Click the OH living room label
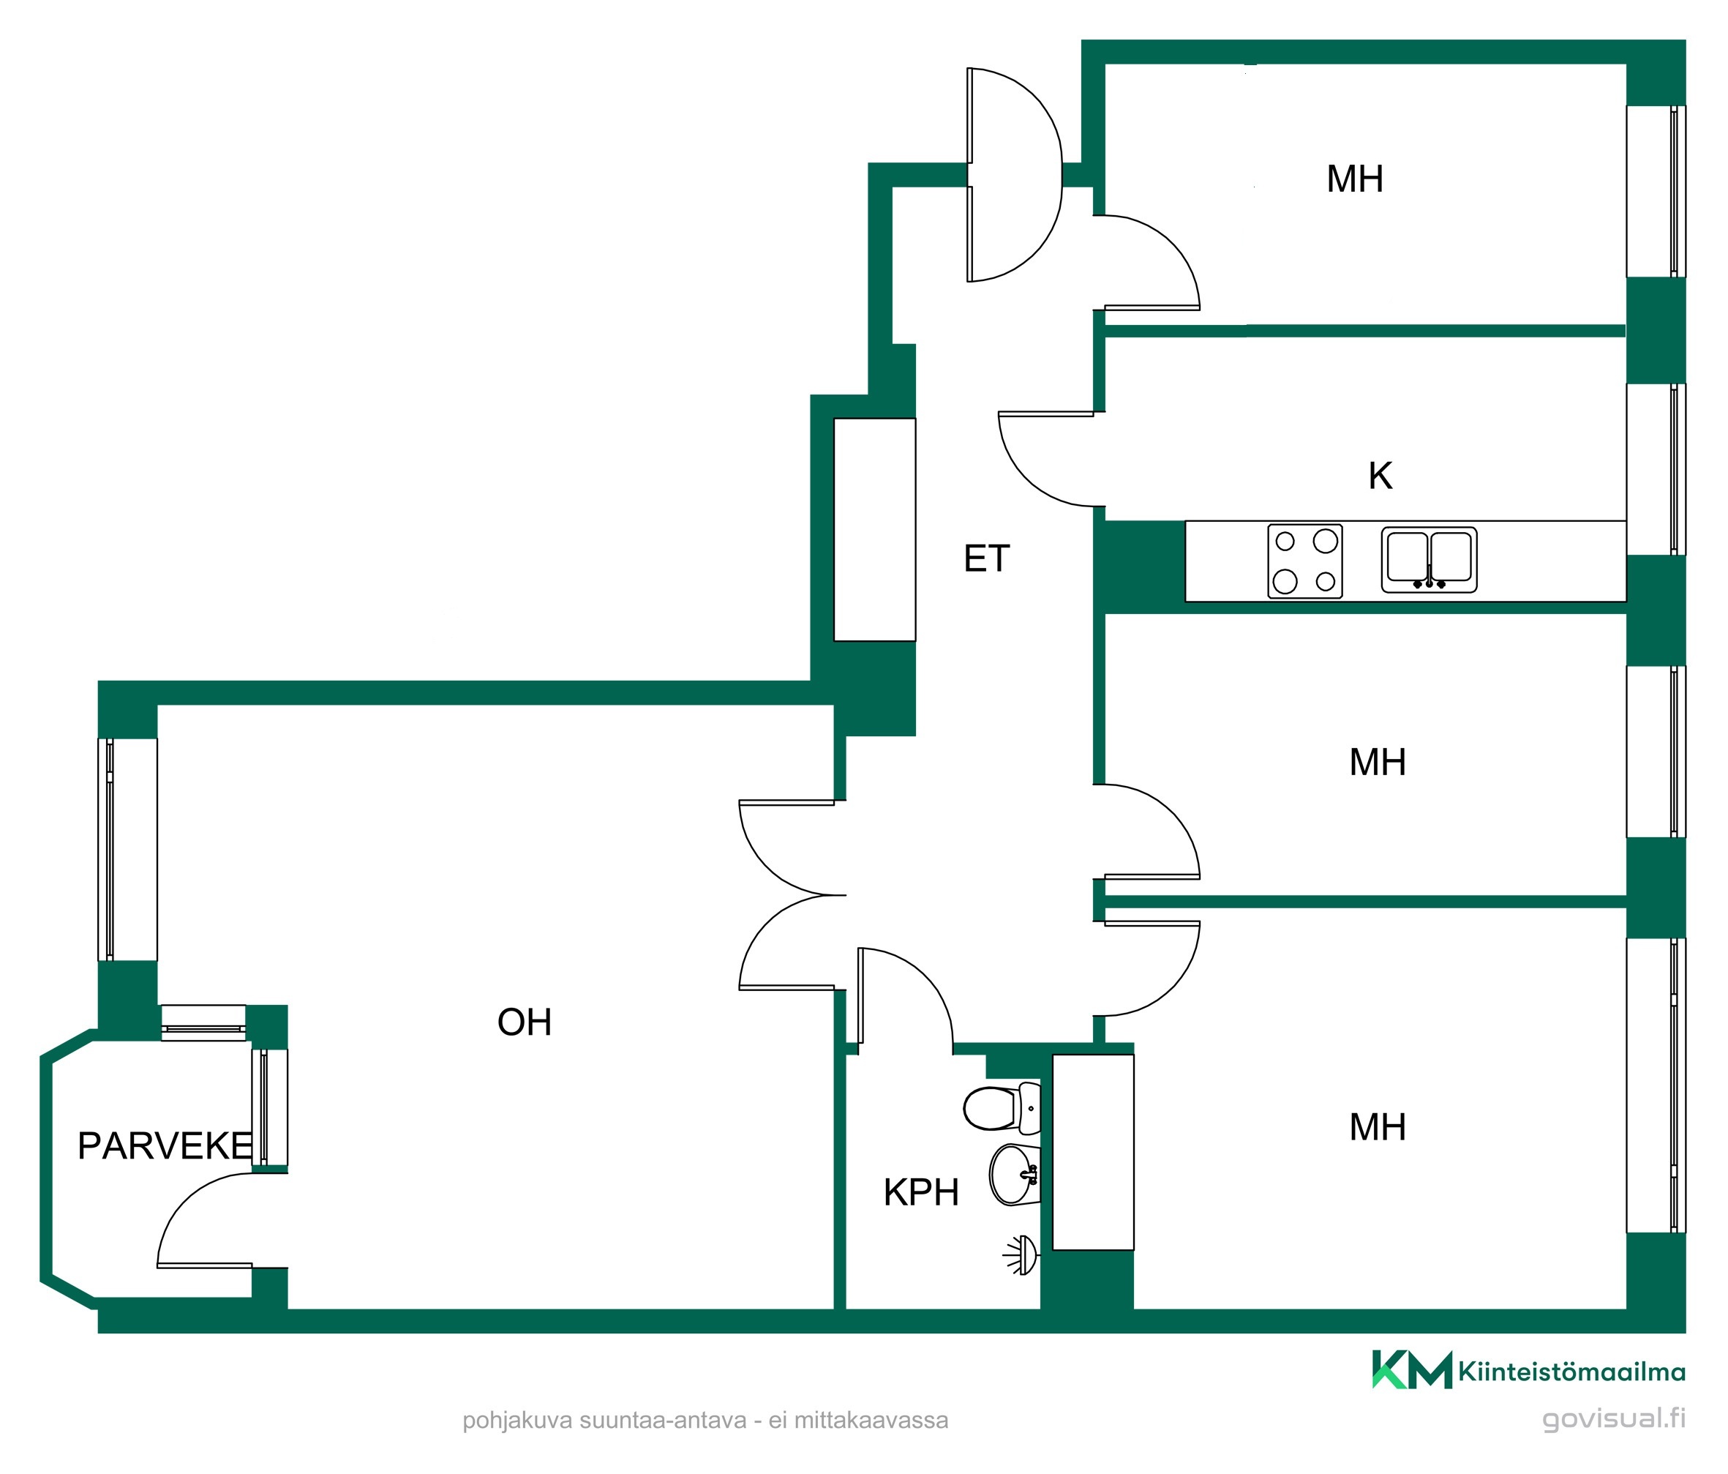pyautogui.click(x=525, y=1022)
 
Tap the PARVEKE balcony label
pyautogui.click(x=165, y=1146)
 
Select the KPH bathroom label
pyautogui.click(x=921, y=1193)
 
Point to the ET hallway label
pyautogui.click(x=987, y=559)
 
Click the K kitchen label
pyautogui.click(x=1380, y=476)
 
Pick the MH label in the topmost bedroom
pyautogui.click(x=1355, y=179)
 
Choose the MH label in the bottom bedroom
pyautogui.click(x=1378, y=1128)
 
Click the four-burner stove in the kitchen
pyautogui.click(x=1305, y=561)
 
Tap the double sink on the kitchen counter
pyautogui.click(x=1429, y=560)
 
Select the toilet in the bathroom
pyautogui.click(x=1002, y=1109)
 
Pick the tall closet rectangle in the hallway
pyautogui.click(x=875, y=530)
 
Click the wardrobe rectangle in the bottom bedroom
pyautogui.click(x=1092, y=1152)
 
